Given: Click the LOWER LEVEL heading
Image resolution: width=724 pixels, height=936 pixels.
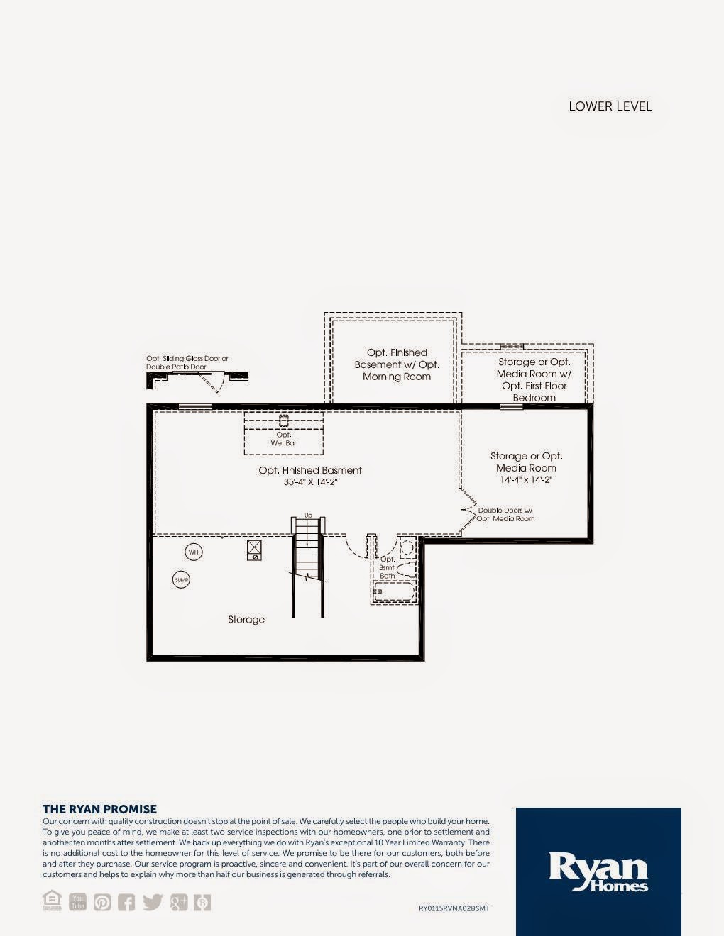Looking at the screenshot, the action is pyautogui.click(x=610, y=106).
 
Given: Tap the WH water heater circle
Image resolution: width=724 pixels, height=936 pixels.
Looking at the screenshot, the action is pyautogui.click(x=194, y=552).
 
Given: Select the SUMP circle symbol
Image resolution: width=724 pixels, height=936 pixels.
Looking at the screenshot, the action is pyautogui.click(x=181, y=580).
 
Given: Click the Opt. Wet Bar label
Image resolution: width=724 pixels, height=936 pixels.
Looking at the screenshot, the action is pyautogui.click(x=283, y=439).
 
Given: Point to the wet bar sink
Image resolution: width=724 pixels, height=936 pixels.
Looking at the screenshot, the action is pyautogui.click(x=283, y=420).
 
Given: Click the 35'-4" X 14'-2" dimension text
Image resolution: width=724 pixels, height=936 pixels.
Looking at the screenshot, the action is pyautogui.click(x=310, y=482).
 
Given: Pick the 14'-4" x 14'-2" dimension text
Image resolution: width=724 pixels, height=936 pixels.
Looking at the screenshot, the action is pyautogui.click(x=526, y=480).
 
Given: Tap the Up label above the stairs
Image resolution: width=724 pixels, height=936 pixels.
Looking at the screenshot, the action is pyautogui.click(x=308, y=516).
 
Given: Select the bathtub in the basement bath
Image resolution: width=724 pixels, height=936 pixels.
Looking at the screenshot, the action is pyautogui.click(x=393, y=591).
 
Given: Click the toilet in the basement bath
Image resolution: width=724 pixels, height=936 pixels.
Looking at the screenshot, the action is pyautogui.click(x=406, y=569).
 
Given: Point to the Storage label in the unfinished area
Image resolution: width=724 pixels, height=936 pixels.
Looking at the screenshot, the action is pyautogui.click(x=246, y=620).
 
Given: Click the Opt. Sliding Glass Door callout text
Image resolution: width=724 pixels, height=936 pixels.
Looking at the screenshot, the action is pyautogui.click(x=187, y=362).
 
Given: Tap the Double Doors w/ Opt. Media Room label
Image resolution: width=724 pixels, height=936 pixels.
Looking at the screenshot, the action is pyautogui.click(x=505, y=514).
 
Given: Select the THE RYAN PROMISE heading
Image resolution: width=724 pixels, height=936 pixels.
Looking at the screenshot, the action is pyautogui.click(x=99, y=809).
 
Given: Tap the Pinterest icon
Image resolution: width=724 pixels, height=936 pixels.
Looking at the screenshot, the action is pyautogui.click(x=102, y=902).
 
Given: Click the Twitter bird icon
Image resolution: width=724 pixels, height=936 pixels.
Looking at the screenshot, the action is pyautogui.click(x=153, y=902).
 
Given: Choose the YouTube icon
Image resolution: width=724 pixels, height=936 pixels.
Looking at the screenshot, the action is pyautogui.click(x=77, y=902).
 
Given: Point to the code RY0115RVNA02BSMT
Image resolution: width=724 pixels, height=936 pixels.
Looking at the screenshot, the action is pyautogui.click(x=454, y=908).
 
